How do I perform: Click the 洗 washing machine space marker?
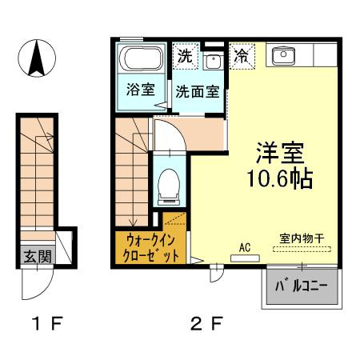[185, 56]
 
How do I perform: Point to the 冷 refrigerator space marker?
[241, 56]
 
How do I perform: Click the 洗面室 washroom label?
[198, 91]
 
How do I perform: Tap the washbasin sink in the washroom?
[212, 62]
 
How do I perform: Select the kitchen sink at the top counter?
[284, 55]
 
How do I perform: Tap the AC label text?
[245, 247]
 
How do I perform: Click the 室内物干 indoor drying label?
[301, 238]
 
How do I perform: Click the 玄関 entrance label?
[36, 258]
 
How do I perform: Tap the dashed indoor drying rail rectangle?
[301, 249]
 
